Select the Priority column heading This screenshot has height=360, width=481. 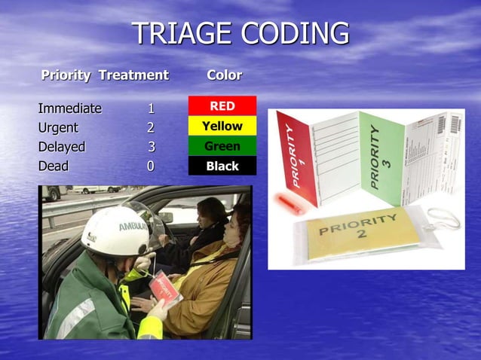[66, 75]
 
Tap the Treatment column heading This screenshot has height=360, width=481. [133, 75]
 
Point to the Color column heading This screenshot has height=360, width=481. [224, 75]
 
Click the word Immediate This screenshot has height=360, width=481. [69, 108]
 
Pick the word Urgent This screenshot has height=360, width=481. [61, 127]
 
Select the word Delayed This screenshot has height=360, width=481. [62, 147]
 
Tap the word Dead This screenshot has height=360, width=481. [53, 166]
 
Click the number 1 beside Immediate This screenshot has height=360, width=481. [151, 108]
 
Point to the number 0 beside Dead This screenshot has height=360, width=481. [151, 166]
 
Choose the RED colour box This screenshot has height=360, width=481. [222, 106]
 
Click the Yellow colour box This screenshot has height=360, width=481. [222, 126]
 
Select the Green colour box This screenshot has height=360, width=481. [222, 146]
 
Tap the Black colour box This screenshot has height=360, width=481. [222, 166]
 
